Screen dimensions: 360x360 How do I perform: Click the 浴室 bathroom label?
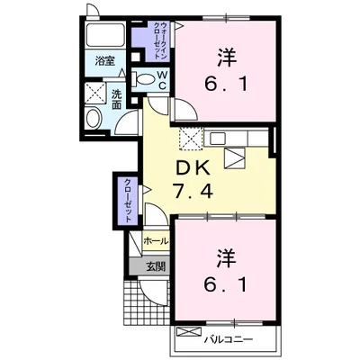tap(104, 61)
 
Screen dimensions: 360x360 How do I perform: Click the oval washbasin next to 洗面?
tap(93, 118)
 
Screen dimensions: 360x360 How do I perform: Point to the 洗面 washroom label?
tap(116, 100)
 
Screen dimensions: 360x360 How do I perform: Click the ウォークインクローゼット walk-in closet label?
tap(161, 40)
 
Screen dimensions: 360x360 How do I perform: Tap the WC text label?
tap(162, 80)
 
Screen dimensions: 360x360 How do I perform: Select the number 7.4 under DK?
tap(193, 191)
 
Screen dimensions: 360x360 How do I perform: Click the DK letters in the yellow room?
tap(193, 170)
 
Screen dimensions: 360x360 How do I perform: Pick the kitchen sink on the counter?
tap(217, 139)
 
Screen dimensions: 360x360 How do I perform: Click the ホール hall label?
tap(156, 241)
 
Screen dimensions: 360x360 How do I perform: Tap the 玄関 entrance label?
tap(156, 265)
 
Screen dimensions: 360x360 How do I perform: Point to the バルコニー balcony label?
tap(229, 339)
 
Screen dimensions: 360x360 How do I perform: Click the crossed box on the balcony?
tap(189, 332)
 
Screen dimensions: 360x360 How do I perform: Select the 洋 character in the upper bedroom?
tap(226, 57)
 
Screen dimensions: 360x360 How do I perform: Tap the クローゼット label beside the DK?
tap(128, 200)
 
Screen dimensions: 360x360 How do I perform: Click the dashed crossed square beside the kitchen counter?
tap(191, 139)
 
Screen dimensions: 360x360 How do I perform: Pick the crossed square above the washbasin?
tap(95, 94)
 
